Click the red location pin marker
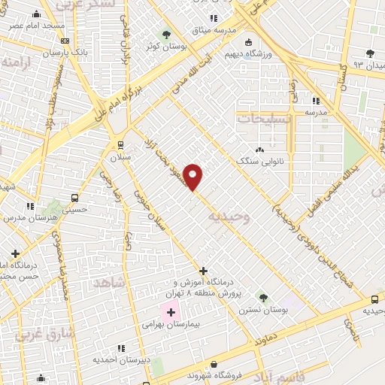(193, 177)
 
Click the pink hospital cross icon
(171, 312)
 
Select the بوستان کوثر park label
(167, 47)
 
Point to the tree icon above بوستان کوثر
(167, 35)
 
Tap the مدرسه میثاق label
(213, 30)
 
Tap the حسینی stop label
(74, 210)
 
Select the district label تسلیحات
(263, 118)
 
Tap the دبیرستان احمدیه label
(121, 360)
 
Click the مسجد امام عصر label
(36, 26)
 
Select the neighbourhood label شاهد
(110, 283)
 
